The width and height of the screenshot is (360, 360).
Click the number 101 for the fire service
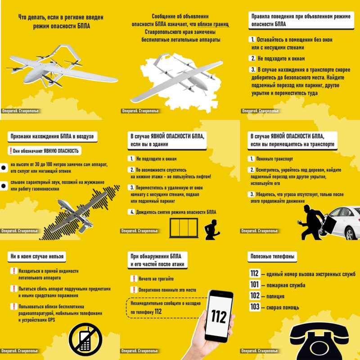click(x=255, y=285)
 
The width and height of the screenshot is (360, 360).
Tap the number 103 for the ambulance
click(x=255, y=307)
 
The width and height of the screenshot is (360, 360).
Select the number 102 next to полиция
click(x=255, y=296)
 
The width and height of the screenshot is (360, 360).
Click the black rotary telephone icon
click(x=319, y=342)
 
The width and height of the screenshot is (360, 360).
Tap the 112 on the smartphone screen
click(x=219, y=316)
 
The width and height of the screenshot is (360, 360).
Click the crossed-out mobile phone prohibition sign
click(x=85, y=340)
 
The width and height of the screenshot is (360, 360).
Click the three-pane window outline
click(x=184, y=228)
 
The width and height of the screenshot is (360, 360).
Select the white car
click(x=340, y=223)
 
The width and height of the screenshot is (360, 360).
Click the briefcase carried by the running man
click(x=330, y=224)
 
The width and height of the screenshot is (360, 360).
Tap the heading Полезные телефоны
click(x=272, y=256)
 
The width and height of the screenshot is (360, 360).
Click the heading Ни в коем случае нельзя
click(x=37, y=256)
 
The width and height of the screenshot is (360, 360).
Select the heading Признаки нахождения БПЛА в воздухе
click(x=52, y=136)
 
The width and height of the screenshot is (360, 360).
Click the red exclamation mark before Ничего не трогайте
click(x=134, y=279)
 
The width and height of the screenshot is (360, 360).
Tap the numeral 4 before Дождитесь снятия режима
click(x=132, y=212)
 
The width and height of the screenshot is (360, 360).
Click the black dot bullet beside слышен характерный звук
click(x=4, y=186)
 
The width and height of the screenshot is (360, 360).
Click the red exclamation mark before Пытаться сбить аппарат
click(x=14, y=288)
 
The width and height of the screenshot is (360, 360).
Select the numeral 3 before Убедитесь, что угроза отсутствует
click(x=252, y=194)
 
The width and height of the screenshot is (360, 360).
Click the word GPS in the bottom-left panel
click(x=51, y=320)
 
